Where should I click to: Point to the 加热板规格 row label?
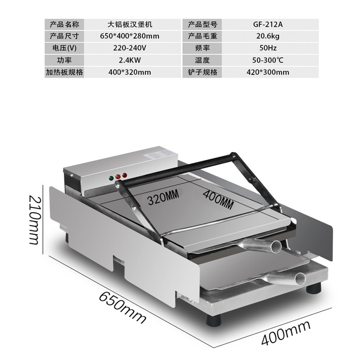[65, 72]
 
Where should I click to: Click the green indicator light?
[110, 178]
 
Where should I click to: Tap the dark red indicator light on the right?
[124, 176]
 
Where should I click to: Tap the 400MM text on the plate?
[217, 201]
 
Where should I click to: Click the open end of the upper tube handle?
[276, 246]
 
